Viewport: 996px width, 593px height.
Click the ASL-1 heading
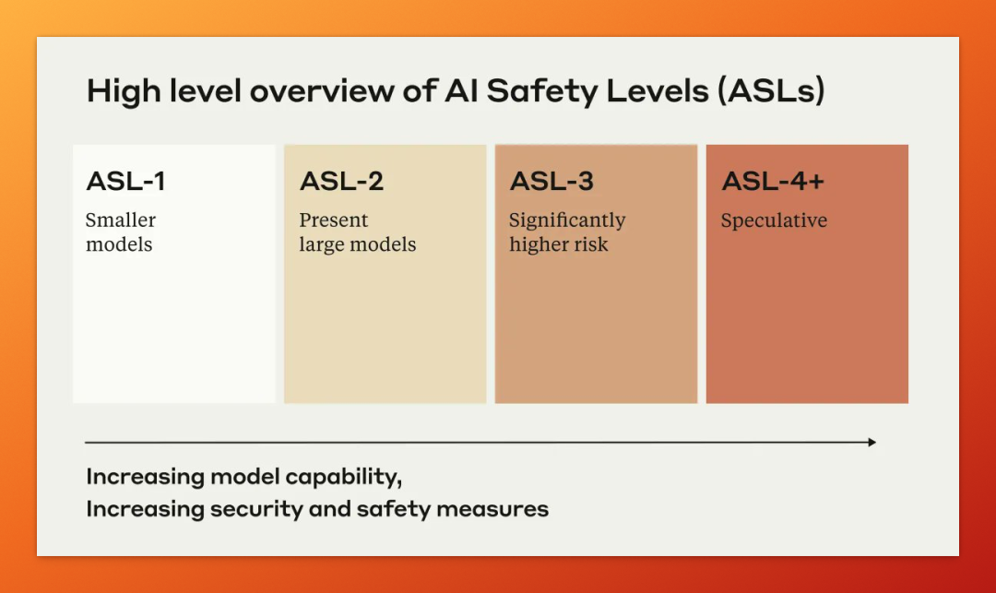tap(125, 182)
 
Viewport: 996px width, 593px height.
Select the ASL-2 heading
tap(342, 182)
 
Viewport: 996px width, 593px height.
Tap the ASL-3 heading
tap(552, 182)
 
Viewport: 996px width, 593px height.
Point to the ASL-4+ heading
tap(773, 182)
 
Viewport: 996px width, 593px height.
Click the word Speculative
tap(775, 220)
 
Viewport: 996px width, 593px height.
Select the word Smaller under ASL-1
tap(121, 220)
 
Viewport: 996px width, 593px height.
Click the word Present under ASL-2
tap(334, 220)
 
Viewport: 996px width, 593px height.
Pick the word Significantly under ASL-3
tap(567, 221)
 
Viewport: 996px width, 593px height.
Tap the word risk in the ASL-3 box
tap(590, 244)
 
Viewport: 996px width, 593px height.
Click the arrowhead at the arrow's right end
tap(872, 442)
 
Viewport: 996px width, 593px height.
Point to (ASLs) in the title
tap(771, 90)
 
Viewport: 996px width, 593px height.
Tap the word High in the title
tap(124, 91)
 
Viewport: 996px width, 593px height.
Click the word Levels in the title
tap(658, 90)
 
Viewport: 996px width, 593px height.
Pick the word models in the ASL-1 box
tap(119, 245)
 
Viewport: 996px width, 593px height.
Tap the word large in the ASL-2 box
tap(320, 245)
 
